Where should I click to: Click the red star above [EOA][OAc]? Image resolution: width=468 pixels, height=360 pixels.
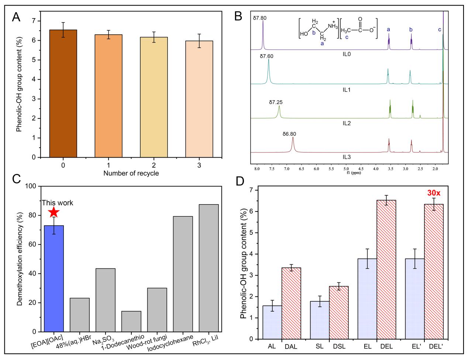coord(54,212)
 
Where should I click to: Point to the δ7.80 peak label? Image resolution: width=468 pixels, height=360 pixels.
coord(259,17)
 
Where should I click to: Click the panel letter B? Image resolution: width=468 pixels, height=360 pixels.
coord(238,16)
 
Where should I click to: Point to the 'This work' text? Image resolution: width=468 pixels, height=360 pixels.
coord(57,203)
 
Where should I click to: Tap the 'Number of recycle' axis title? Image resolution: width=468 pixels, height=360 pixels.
coord(131,173)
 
